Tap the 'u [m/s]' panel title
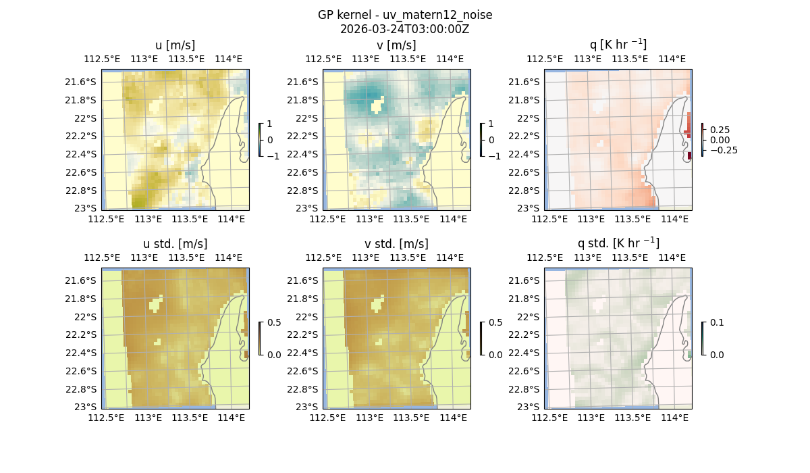175,45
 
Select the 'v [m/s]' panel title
396,45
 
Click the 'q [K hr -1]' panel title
618,45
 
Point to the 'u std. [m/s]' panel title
175,244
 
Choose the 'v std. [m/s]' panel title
396,244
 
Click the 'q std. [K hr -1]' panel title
618,243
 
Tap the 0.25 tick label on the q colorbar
720,130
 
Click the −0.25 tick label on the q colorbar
723,150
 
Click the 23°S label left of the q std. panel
527,407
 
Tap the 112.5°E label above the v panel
319,59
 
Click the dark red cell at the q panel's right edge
689,156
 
